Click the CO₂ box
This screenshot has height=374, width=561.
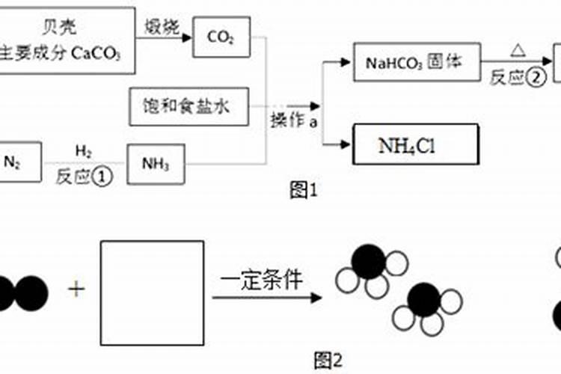coord(221,37)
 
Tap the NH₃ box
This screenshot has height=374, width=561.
coord(156,164)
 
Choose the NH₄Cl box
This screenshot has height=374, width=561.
coord(405,144)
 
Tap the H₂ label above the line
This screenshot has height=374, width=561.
coord(84,153)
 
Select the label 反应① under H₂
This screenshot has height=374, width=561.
coord(84,175)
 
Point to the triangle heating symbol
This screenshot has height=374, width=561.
coord(517,51)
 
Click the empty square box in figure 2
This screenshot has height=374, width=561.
coord(153,292)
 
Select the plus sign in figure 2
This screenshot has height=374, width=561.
coord(76,289)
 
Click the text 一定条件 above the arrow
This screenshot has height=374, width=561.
coord(262,280)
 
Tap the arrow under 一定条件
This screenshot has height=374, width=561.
coord(266,298)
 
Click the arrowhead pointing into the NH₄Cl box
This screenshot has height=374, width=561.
coord(346,144)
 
